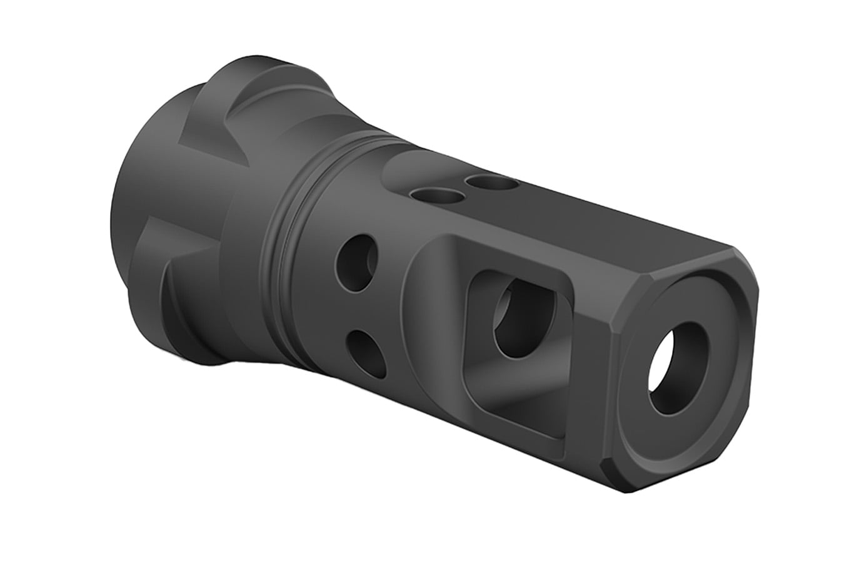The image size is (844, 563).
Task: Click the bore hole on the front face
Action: coord(678,369)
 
